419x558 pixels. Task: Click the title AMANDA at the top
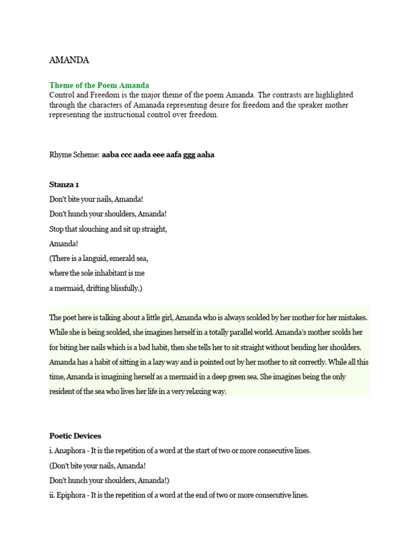click(x=69, y=60)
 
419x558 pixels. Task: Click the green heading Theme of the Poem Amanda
click(x=99, y=86)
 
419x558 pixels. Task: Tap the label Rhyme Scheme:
click(x=74, y=155)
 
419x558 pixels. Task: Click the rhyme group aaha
click(x=204, y=155)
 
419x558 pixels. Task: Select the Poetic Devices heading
click(x=75, y=436)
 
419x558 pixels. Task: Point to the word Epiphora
click(x=72, y=495)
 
